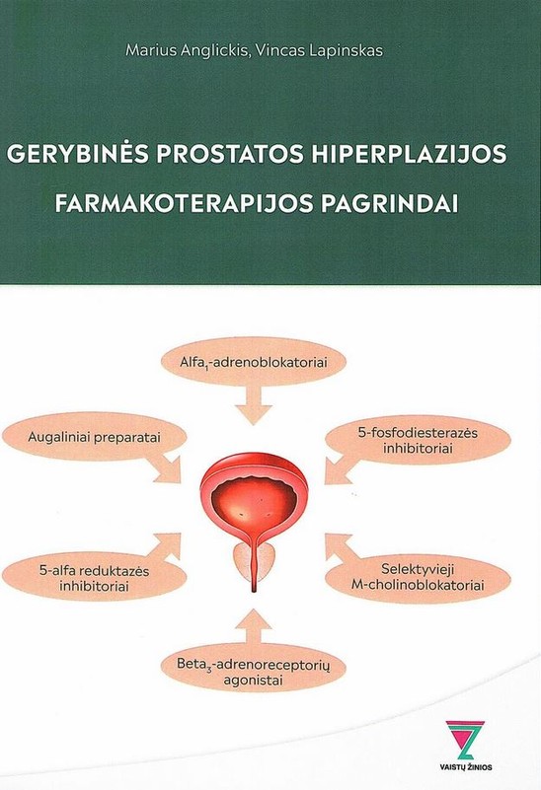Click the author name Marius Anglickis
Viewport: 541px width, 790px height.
click(x=186, y=51)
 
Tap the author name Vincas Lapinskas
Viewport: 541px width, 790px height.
click(x=318, y=51)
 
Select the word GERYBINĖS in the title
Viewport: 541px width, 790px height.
click(x=78, y=153)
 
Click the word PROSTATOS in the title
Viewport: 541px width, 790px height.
click(x=230, y=154)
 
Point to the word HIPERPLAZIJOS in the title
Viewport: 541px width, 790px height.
click(x=409, y=154)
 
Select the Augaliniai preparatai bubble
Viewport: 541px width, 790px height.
click(x=95, y=437)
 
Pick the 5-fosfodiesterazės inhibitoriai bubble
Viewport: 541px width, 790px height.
click(x=418, y=440)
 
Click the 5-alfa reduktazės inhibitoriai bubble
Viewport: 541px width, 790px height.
click(x=95, y=578)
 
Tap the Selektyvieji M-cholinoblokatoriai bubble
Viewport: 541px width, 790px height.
click(x=418, y=577)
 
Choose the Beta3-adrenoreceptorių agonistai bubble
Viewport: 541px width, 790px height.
click(x=254, y=672)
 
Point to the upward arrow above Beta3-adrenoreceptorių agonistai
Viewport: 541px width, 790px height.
click(x=254, y=628)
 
